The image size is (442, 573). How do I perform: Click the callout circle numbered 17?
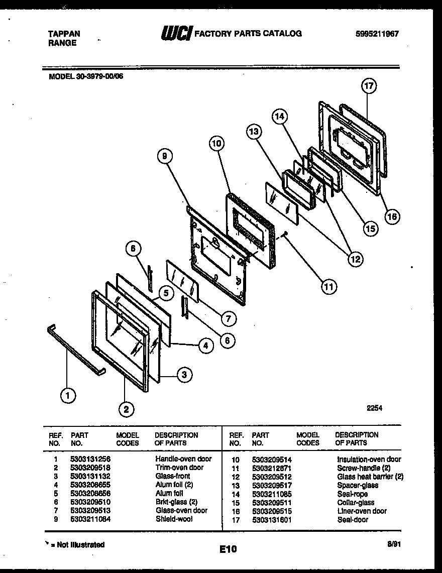click(x=369, y=86)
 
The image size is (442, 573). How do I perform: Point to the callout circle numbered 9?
click(x=164, y=157)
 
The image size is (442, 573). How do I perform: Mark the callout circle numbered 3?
click(x=184, y=374)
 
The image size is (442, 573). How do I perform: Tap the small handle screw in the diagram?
click(x=285, y=234)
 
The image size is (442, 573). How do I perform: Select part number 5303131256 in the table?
click(x=90, y=459)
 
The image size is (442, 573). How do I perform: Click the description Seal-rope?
click(x=352, y=494)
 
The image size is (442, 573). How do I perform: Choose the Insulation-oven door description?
click(x=369, y=459)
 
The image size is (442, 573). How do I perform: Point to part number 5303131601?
click(x=271, y=520)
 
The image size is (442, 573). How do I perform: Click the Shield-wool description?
click(x=174, y=519)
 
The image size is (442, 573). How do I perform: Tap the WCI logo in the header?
click(x=176, y=34)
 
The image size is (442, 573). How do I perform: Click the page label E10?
click(x=228, y=550)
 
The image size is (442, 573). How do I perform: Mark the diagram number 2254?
click(x=374, y=408)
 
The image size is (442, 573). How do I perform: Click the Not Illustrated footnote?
click(x=75, y=545)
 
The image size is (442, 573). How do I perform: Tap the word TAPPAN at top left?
click(x=63, y=34)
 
